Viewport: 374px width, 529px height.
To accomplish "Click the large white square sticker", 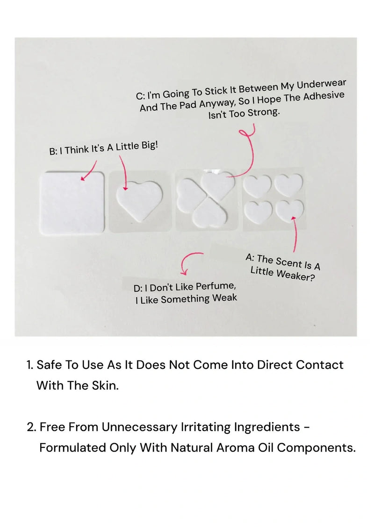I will pyautogui.click(x=73, y=202).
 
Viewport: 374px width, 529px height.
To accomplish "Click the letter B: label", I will pyautogui.click(x=53, y=151).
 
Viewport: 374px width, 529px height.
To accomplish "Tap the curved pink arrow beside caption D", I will pyautogui.click(x=189, y=261).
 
